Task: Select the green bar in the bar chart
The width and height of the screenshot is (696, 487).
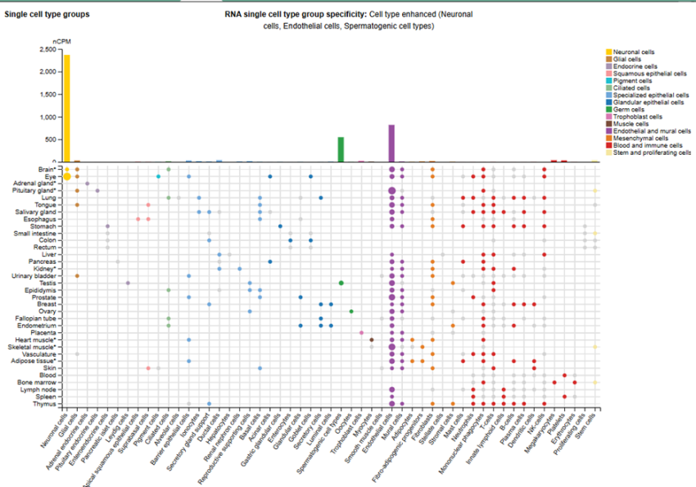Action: tap(341, 149)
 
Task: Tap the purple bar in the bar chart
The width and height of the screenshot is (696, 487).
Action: tap(391, 143)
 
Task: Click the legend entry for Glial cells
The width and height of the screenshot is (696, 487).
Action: tap(631, 58)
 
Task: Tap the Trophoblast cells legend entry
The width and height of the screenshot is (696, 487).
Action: tap(636, 116)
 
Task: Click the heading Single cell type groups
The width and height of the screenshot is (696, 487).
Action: tap(47, 15)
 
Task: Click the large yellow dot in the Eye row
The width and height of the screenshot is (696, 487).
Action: tap(67, 176)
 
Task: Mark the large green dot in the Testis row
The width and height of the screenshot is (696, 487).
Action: tap(341, 283)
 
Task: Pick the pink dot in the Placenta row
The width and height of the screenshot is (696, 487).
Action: tap(361, 332)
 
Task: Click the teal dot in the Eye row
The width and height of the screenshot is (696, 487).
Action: tap(158, 176)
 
